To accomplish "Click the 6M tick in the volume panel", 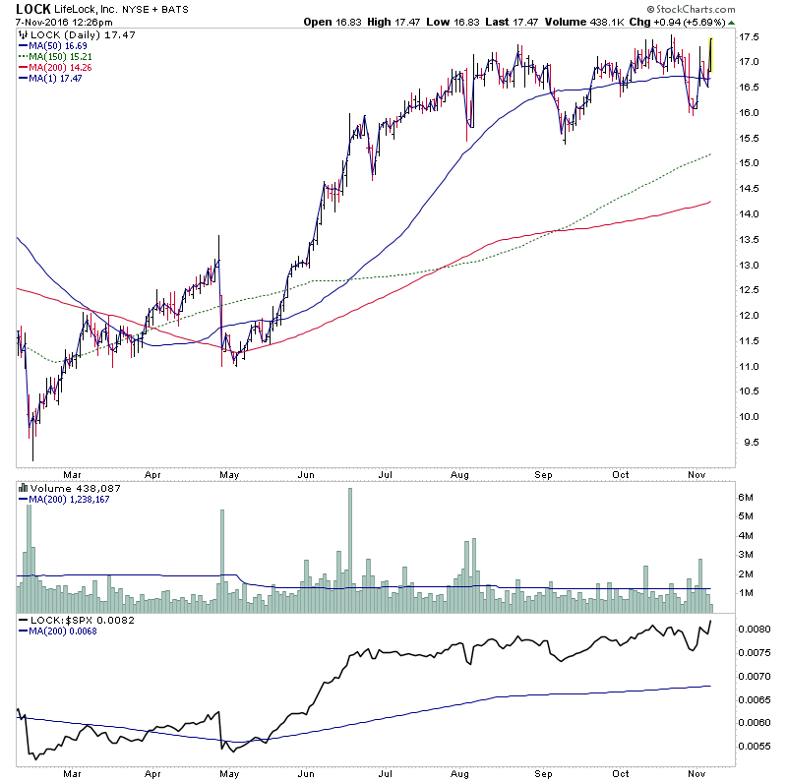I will tap(748, 498).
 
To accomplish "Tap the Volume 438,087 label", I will tap(63, 488).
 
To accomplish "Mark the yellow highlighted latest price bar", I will tap(710, 54).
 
